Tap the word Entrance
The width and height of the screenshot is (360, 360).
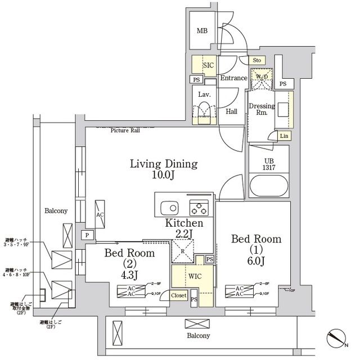pos(233,78)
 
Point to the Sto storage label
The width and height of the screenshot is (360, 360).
pos(256,60)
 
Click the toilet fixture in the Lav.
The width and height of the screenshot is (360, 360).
pos(203,111)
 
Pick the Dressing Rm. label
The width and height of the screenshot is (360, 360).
pos(261,109)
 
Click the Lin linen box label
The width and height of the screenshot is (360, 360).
pos(285,136)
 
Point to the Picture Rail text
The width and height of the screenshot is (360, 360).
pos(125,130)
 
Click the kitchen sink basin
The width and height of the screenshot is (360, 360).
pos(168,206)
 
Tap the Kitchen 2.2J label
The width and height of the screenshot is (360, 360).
pos(183,228)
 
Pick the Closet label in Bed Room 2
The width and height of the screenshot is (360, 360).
pos(178,295)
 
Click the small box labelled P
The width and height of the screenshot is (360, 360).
pos(87,235)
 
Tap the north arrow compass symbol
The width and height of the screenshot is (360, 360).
pos(337,339)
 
